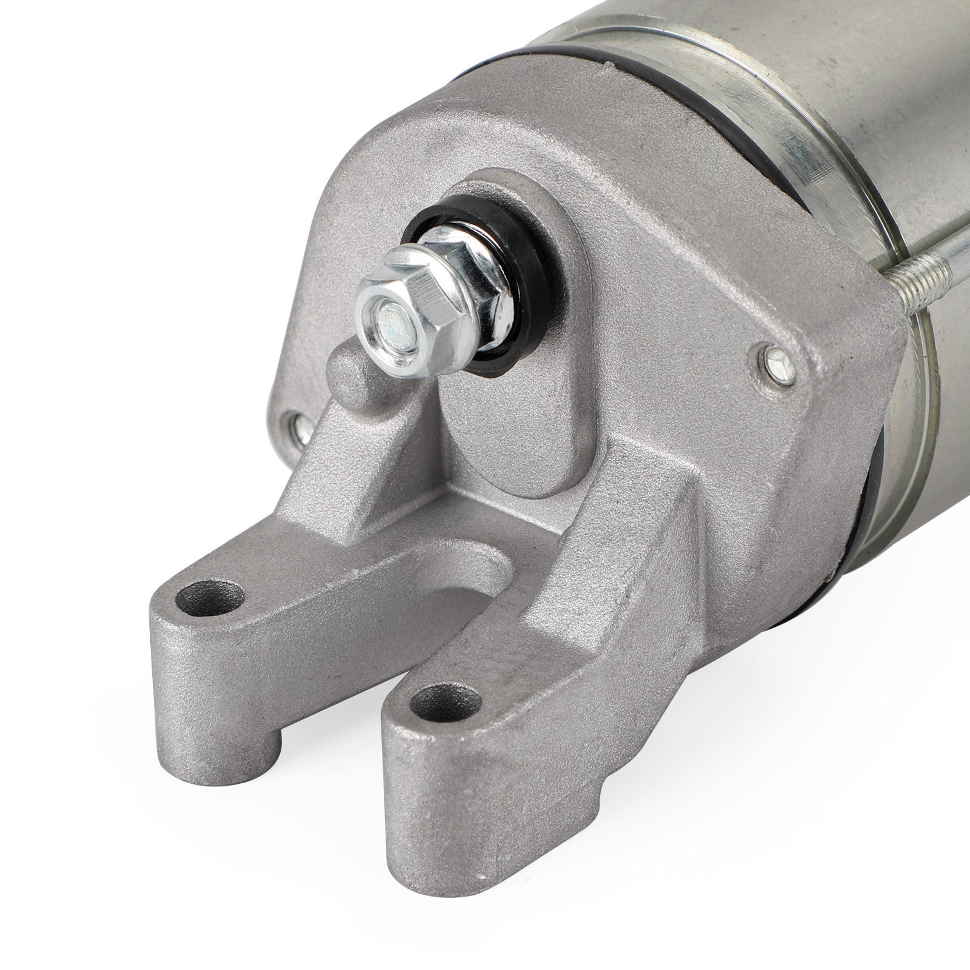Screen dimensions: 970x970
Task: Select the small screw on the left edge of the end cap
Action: tap(301, 427)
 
